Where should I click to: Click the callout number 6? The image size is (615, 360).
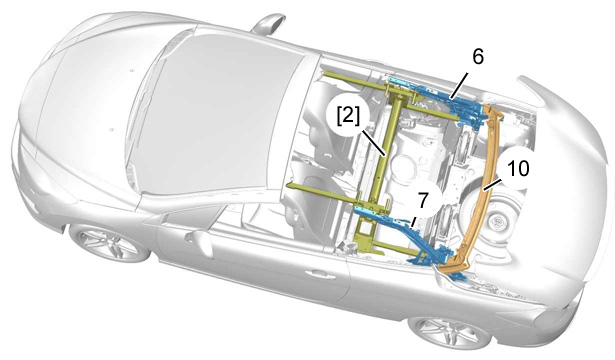pos(478,56)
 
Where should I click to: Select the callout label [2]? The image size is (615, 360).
pos(348,117)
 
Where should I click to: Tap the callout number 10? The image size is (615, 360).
pos(518,169)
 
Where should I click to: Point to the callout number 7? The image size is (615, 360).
pos(422,200)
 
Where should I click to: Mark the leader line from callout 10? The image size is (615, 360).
pos(493,184)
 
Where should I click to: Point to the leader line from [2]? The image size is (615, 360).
pos(373,143)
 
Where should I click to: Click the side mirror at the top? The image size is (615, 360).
pos(268,24)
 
